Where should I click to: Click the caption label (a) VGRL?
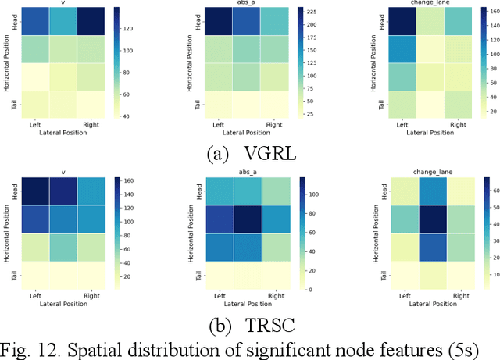(x=249, y=153)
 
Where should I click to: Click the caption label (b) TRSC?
(x=249, y=321)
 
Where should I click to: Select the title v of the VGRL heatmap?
(x=64, y=3)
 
